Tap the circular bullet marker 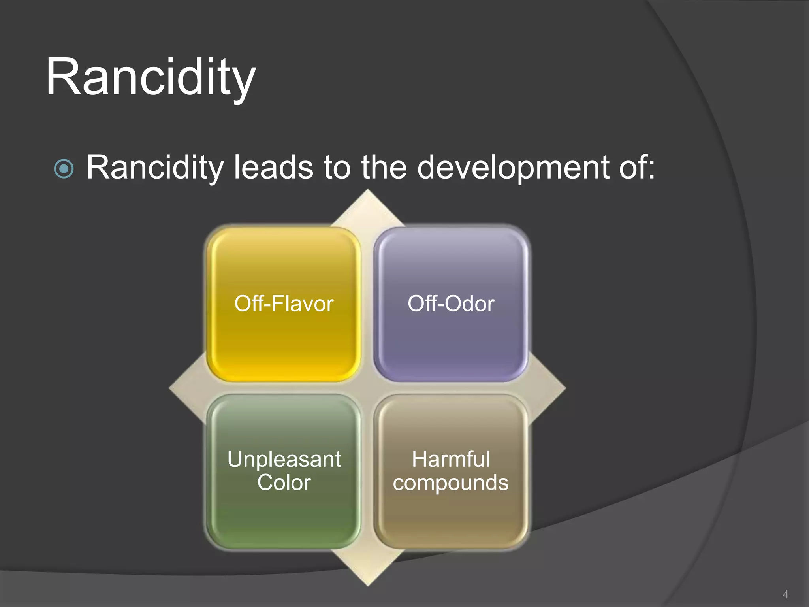tap(64, 169)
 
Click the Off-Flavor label tap(284, 304)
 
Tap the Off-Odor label tap(451, 304)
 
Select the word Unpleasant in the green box tap(284, 459)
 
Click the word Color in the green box tap(284, 483)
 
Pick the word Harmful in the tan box tap(451, 459)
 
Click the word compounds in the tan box tap(451, 483)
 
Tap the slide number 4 tap(785, 594)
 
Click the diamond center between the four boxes tap(368, 388)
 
